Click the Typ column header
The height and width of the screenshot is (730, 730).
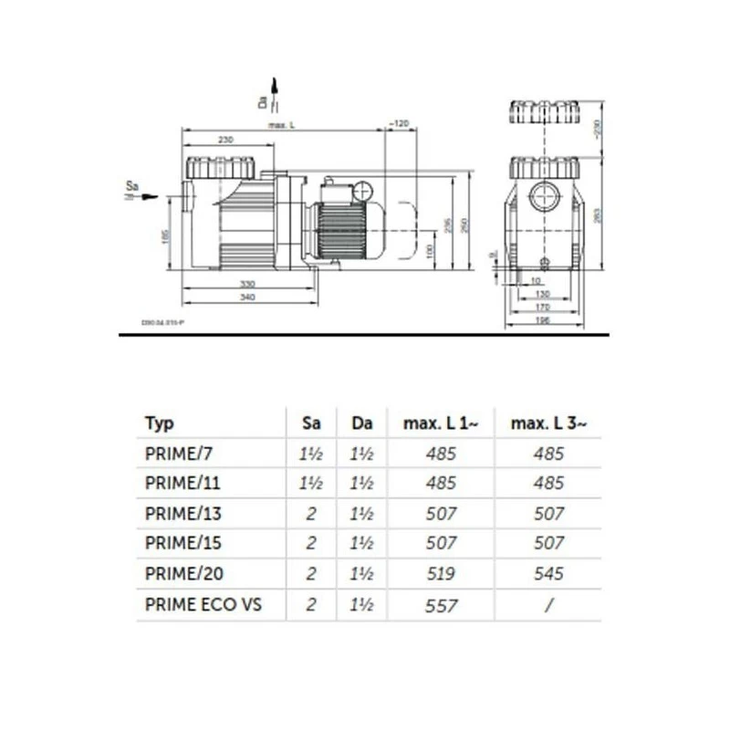159,423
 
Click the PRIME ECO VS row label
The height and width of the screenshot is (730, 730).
203,604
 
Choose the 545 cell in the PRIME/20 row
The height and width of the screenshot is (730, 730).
548,574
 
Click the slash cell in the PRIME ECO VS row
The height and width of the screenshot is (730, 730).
548,604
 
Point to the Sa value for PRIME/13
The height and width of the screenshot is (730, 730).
311,514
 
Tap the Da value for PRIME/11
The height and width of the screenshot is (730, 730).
361,484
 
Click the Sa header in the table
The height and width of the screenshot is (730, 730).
311,423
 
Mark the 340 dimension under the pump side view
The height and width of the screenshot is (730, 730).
247,297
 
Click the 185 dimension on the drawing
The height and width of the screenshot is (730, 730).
165,235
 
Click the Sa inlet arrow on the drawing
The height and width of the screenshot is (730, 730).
146,195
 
